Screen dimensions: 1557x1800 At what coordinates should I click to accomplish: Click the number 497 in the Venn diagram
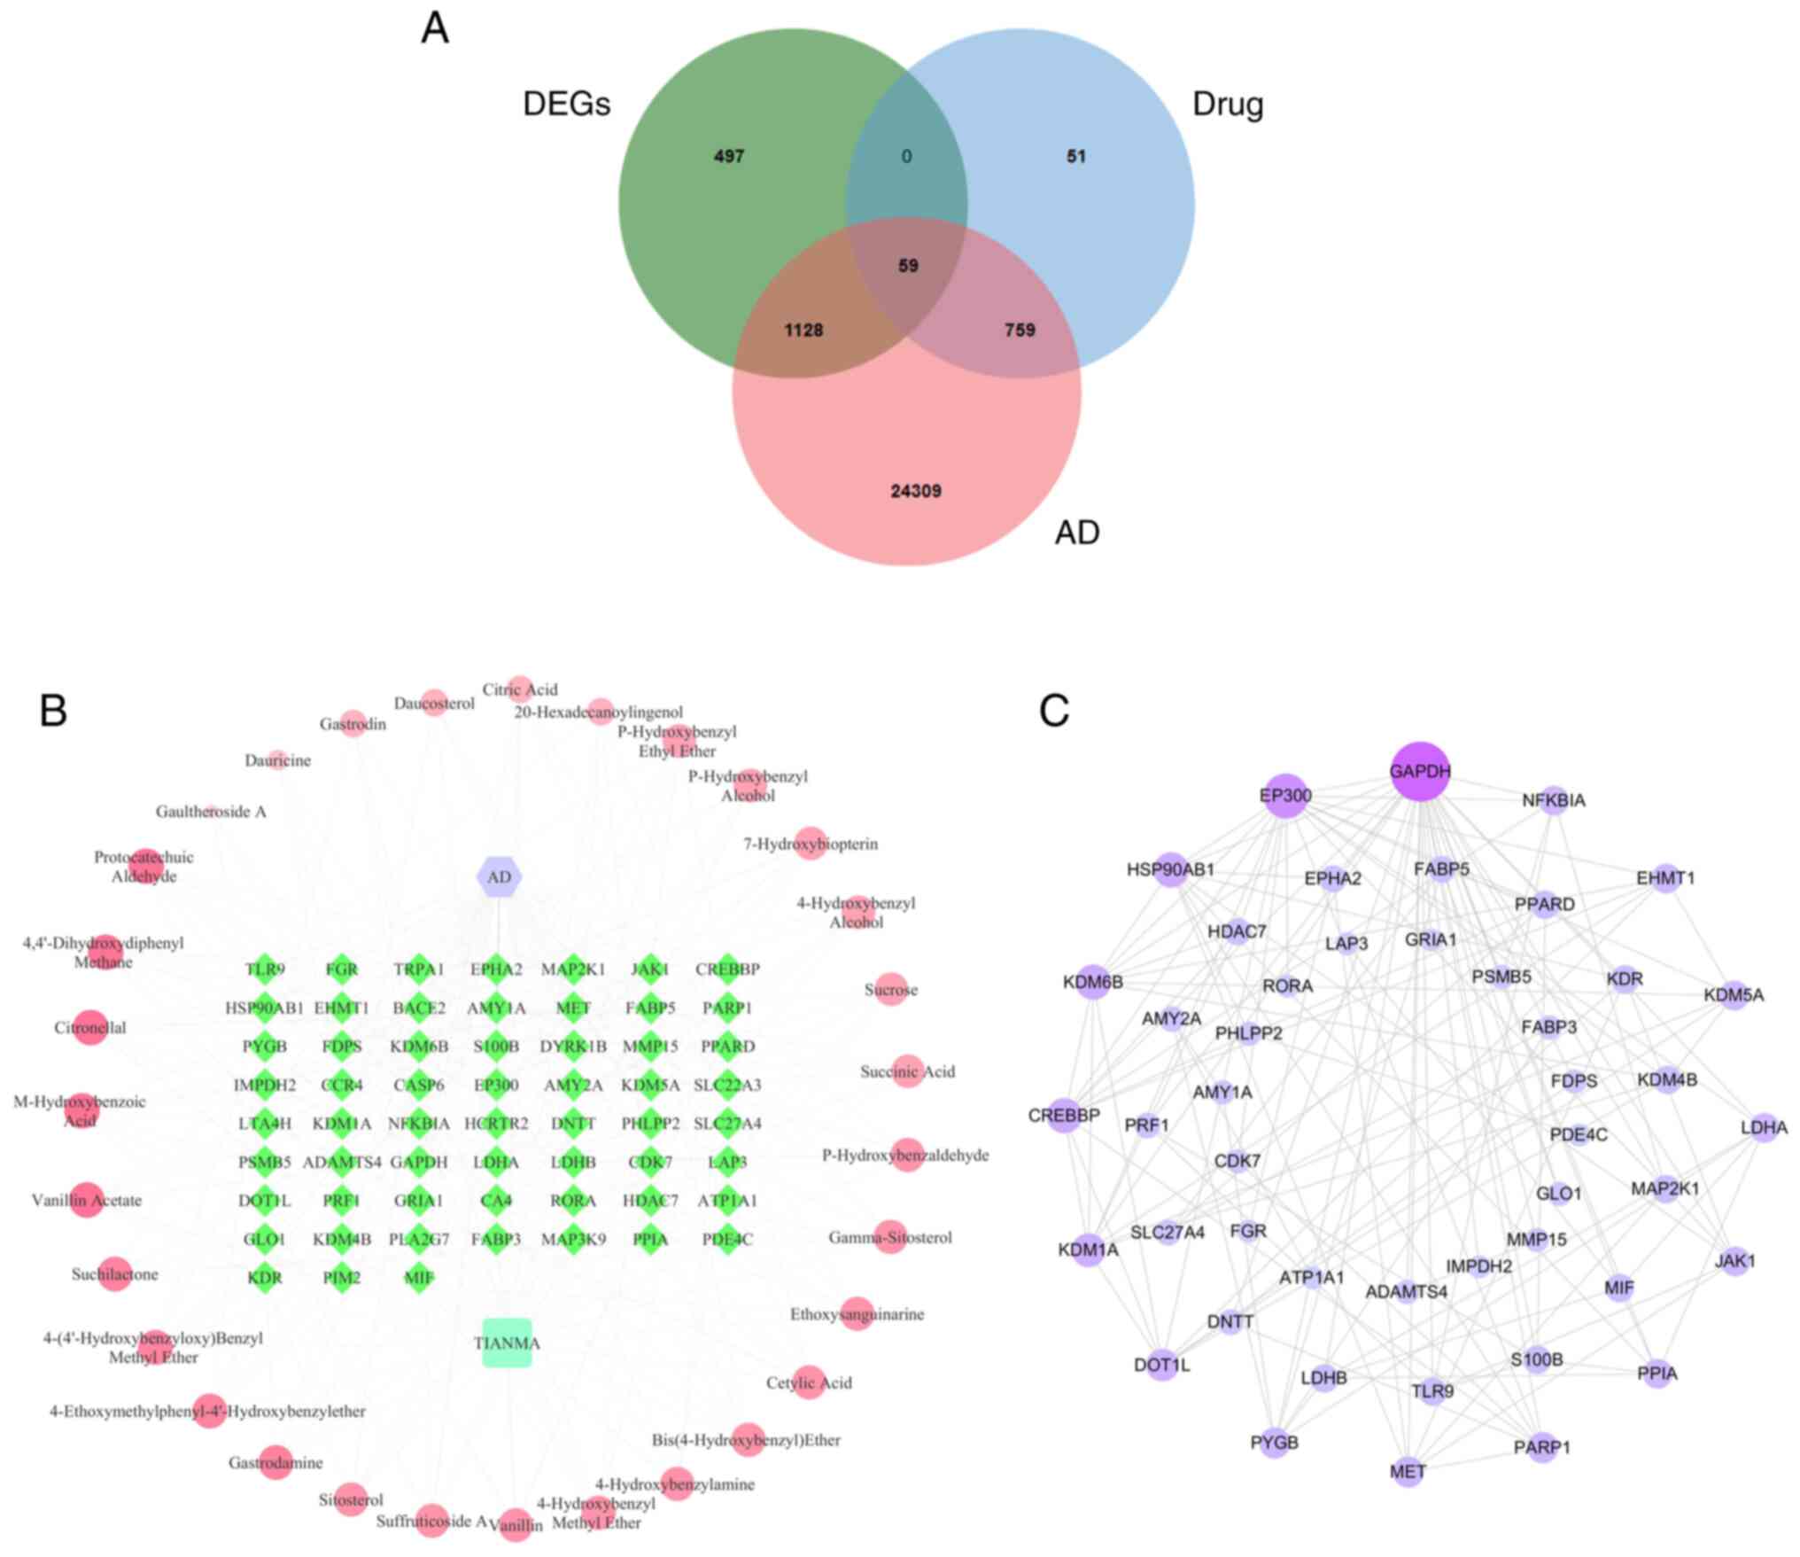coord(729,157)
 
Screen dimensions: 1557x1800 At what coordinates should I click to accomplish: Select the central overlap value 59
coord(908,265)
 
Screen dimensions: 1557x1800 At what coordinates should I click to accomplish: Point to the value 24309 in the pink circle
coord(916,491)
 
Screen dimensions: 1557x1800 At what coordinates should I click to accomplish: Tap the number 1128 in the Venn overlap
coord(803,331)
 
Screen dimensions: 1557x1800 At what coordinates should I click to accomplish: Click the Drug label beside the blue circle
coord(1228,105)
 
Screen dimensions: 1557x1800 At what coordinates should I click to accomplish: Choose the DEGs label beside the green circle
coord(567,105)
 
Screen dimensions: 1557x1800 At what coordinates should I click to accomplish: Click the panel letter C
coord(1054,711)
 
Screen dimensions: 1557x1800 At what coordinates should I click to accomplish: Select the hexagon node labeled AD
coord(499,877)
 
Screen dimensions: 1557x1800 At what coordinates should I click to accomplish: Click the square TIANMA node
coord(507,1343)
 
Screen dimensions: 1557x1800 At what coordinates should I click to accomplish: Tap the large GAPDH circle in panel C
coord(1420,771)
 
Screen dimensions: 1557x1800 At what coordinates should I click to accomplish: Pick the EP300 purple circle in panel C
coord(1285,795)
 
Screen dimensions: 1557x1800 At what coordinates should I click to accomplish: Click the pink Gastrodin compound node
coord(353,724)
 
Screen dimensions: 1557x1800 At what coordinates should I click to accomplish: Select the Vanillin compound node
coord(516,1525)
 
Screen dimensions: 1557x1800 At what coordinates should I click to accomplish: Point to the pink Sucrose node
coord(891,990)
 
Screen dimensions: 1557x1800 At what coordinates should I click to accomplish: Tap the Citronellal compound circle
coord(90,1028)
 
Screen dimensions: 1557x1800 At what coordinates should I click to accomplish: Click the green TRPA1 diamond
coord(419,969)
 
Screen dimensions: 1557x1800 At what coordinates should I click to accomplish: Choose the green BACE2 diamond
coord(419,1008)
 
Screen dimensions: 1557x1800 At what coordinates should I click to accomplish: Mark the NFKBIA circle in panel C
coord(1555,799)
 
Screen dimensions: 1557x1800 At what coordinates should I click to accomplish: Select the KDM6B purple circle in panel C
coord(1093,982)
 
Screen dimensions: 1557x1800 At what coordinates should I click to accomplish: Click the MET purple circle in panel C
coord(1408,1472)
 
